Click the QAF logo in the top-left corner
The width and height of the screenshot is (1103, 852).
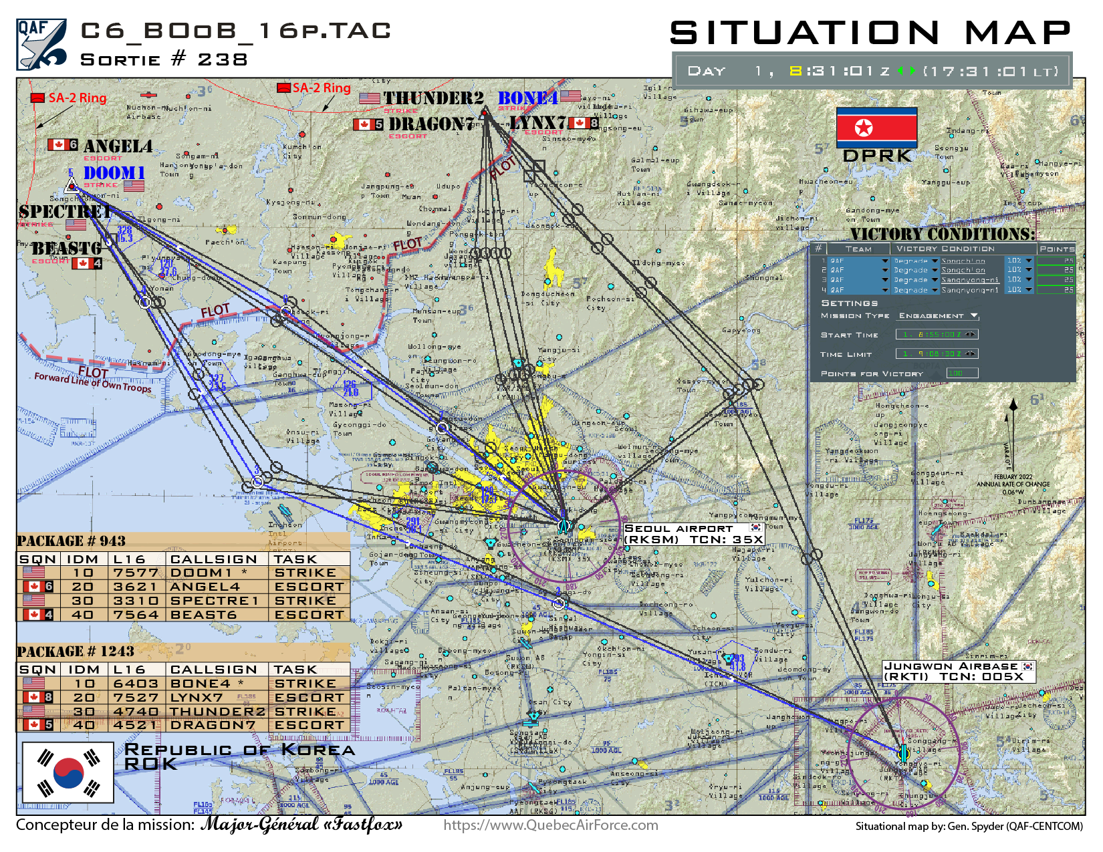coord(41,45)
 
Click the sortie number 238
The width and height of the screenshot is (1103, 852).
coord(223,59)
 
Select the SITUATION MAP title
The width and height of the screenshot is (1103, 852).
coord(870,33)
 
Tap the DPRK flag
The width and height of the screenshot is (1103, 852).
coord(876,127)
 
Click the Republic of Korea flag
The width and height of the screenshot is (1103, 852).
coord(68,772)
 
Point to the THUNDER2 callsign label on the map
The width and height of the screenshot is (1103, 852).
coord(433,98)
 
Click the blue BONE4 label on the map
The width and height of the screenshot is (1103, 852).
coord(527,98)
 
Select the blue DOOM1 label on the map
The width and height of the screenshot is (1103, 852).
coord(114,173)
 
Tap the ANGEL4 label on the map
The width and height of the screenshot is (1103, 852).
coord(118,146)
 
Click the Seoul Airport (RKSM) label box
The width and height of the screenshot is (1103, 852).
coord(693,534)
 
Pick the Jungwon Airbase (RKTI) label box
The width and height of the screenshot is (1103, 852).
coord(959,672)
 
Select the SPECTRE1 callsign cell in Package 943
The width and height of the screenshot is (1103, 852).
coord(214,601)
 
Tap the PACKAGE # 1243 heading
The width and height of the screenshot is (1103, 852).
coord(76,652)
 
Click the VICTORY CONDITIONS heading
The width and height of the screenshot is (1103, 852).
coord(943,234)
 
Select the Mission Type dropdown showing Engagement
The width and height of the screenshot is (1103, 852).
coord(938,316)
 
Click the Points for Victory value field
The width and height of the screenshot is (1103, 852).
coord(937,374)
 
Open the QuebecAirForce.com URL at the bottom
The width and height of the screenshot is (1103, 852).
coord(551,825)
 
